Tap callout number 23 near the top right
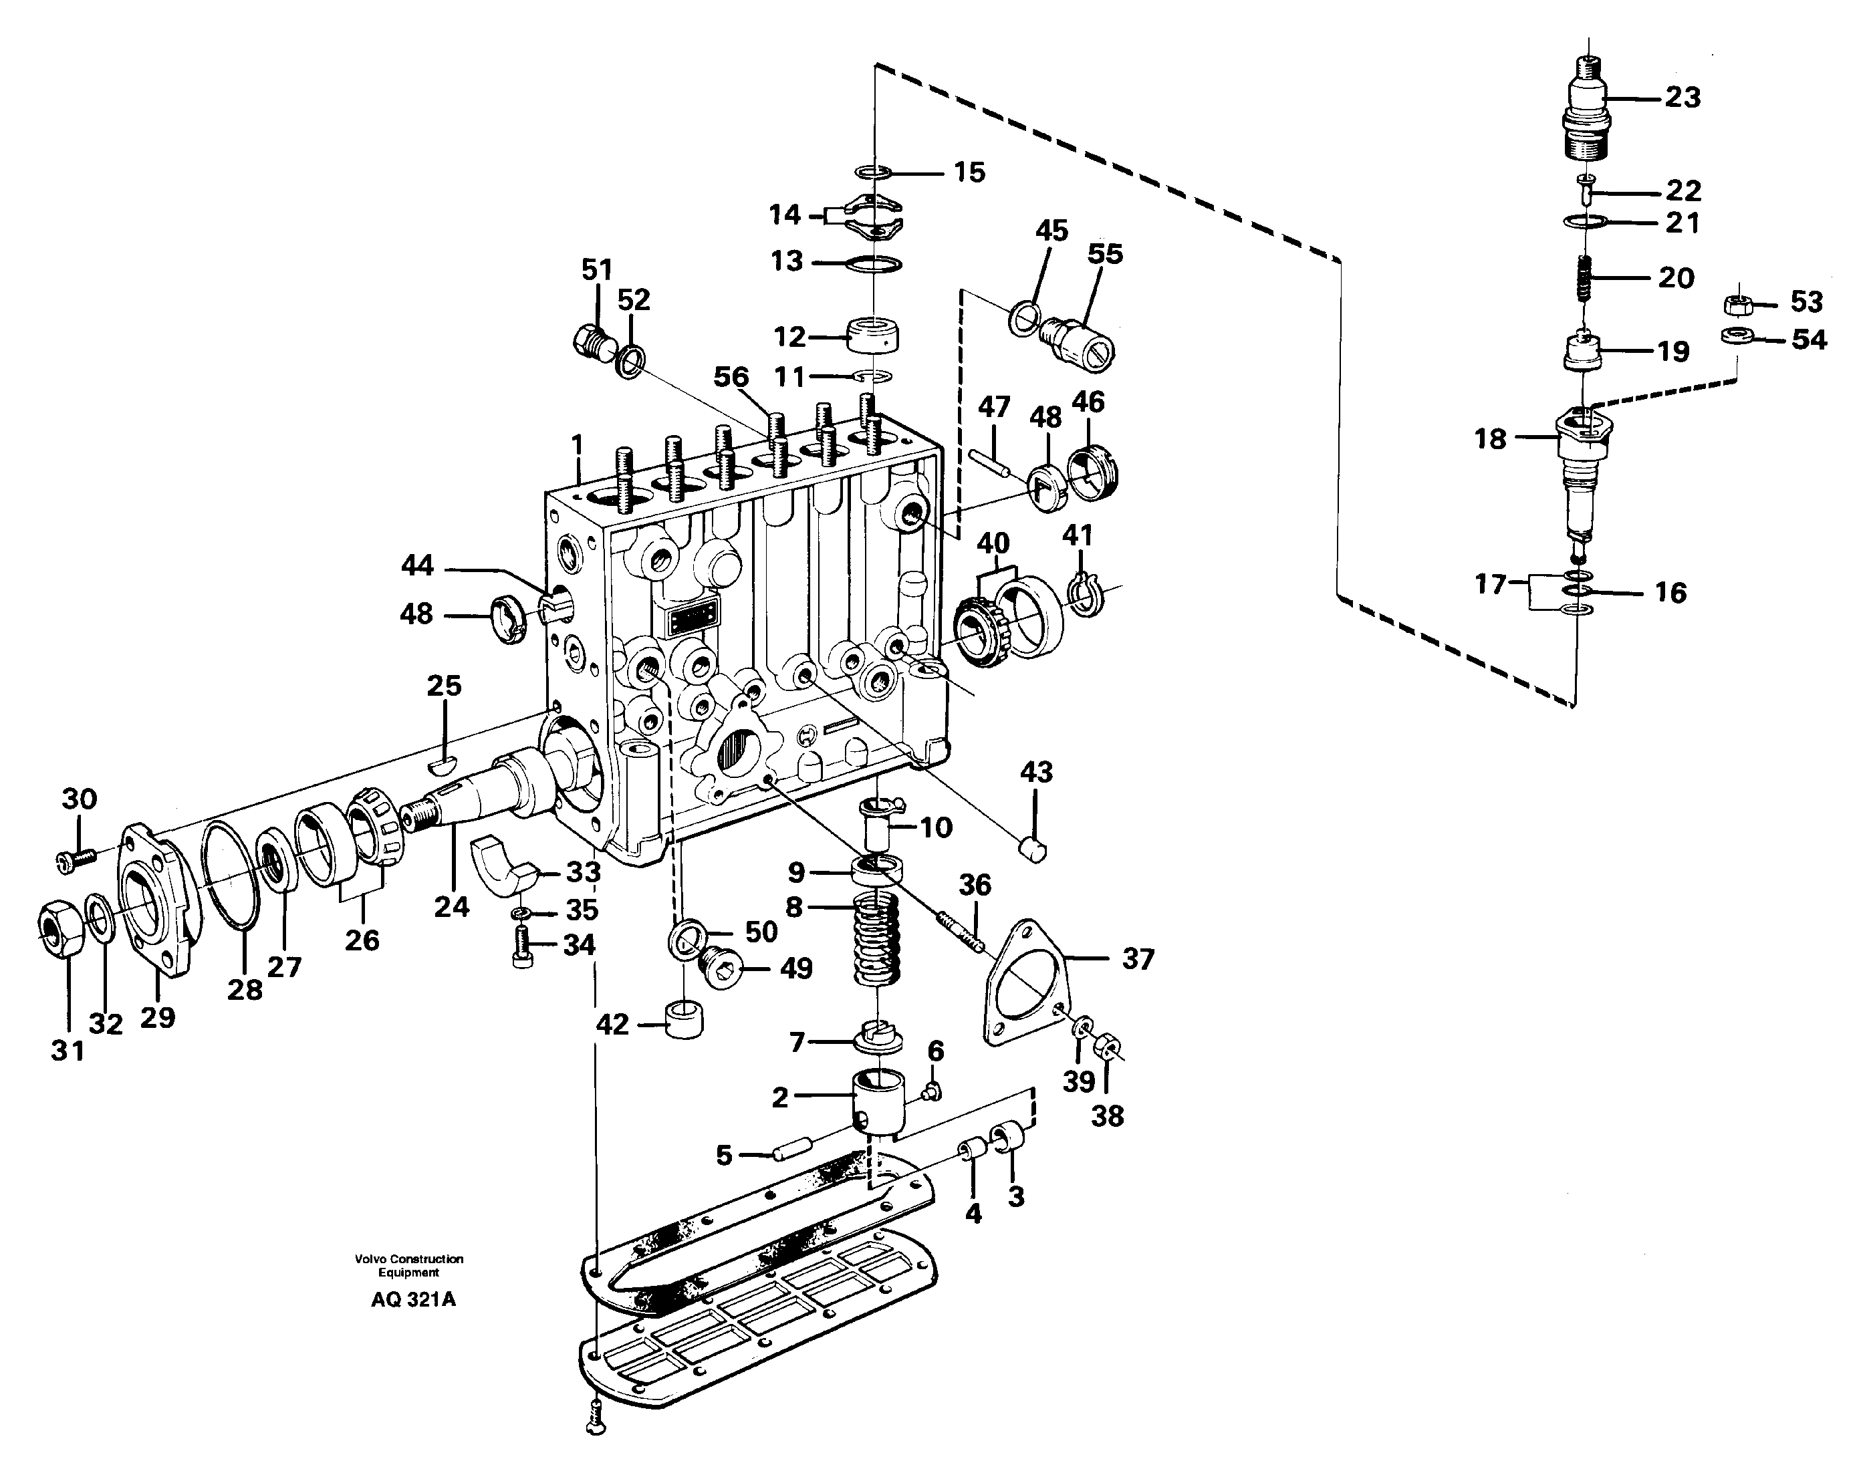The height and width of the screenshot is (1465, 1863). click(x=1682, y=97)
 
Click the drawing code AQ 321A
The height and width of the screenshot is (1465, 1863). click(x=413, y=1299)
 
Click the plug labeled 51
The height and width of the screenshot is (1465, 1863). click(x=592, y=342)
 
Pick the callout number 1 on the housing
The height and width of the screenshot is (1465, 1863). click(x=578, y=444)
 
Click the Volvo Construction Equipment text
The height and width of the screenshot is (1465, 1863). click(x=408, y=1265)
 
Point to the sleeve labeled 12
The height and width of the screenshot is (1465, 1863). click(x=873, y=335)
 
